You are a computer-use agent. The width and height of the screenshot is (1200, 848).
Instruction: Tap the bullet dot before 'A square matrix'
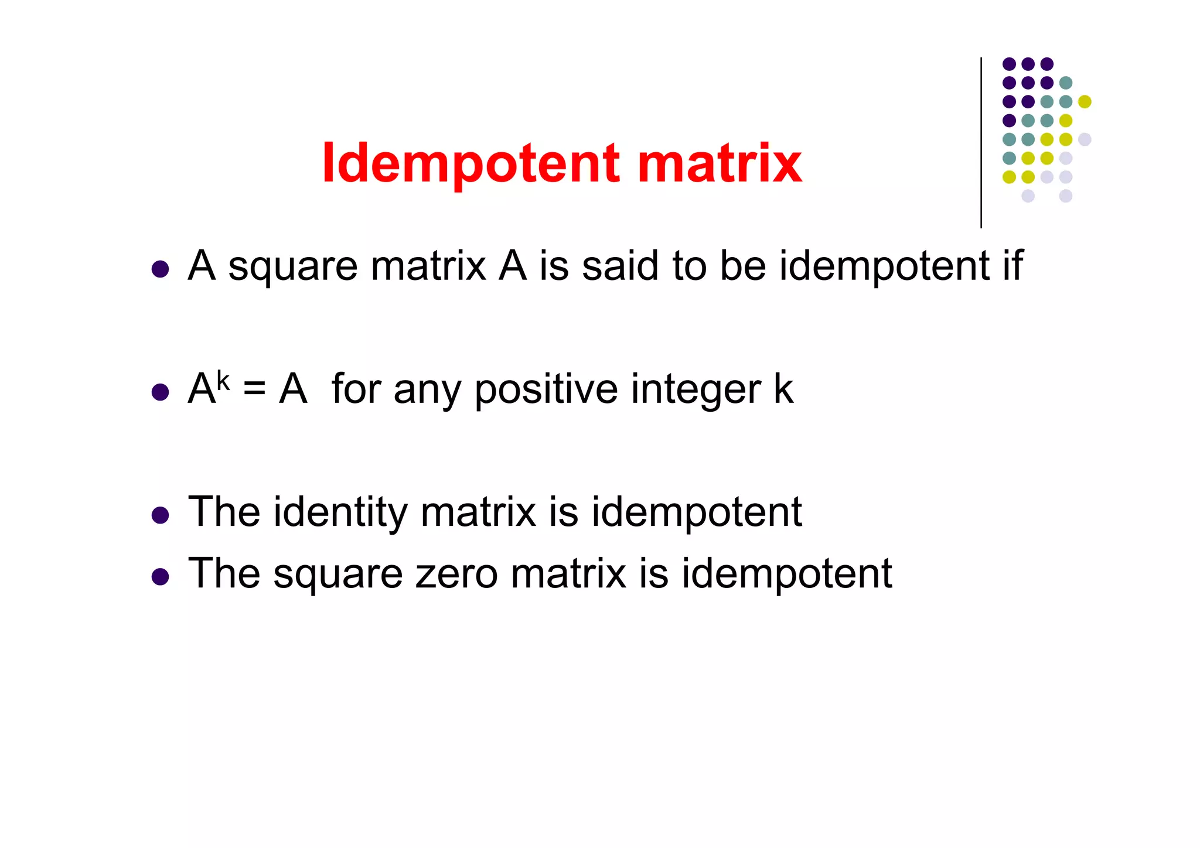[160, 269]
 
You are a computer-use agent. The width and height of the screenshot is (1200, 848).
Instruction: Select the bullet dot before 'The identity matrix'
[160, 515]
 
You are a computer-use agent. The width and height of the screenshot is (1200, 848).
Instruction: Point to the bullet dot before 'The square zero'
[160, 577]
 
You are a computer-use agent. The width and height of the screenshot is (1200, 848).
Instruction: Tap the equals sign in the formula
[254, 389]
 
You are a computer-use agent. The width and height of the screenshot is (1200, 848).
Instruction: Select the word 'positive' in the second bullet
[546, 390]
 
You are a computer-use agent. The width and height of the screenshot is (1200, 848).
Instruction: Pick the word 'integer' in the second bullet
[696, 390]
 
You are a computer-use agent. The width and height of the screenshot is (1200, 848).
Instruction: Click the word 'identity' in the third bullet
[340, 513]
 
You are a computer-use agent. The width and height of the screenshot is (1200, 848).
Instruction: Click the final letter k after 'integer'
[783, 389]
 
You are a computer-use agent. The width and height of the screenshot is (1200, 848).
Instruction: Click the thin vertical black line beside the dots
[981, 143]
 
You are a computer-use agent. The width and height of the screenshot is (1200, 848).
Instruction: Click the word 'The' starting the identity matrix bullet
[224, 512]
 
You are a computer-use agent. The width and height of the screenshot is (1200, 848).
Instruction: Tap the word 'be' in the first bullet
[742, 266]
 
